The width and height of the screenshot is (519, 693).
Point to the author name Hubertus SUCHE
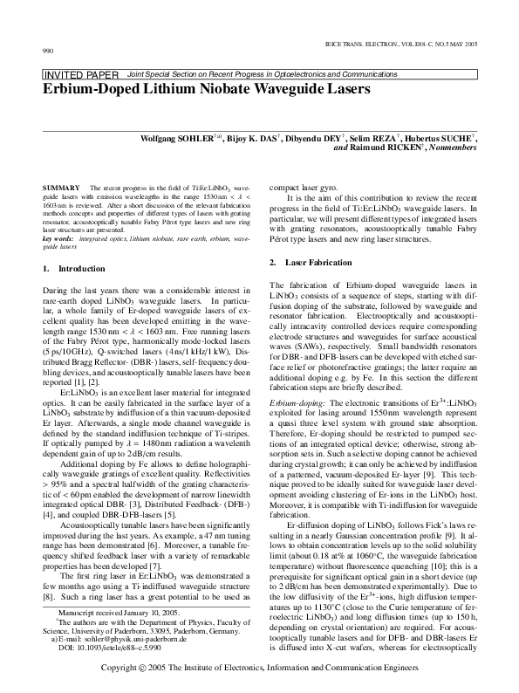point(443,138)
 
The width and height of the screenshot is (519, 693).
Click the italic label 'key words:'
point(58,237)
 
